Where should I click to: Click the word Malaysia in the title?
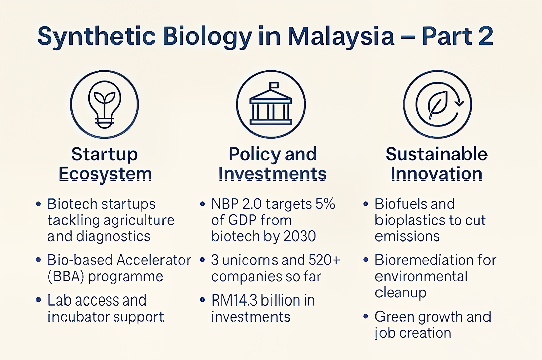click(341, 36)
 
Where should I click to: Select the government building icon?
click(271, 103)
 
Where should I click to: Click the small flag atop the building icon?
click(274, 85)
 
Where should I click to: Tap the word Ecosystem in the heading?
click(105, 174)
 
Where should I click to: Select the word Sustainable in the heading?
click(437, 154)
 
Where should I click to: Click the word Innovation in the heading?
click(437, 174)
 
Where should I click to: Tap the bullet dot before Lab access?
click(39, 300)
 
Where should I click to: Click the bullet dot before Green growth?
click(366, 316)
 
